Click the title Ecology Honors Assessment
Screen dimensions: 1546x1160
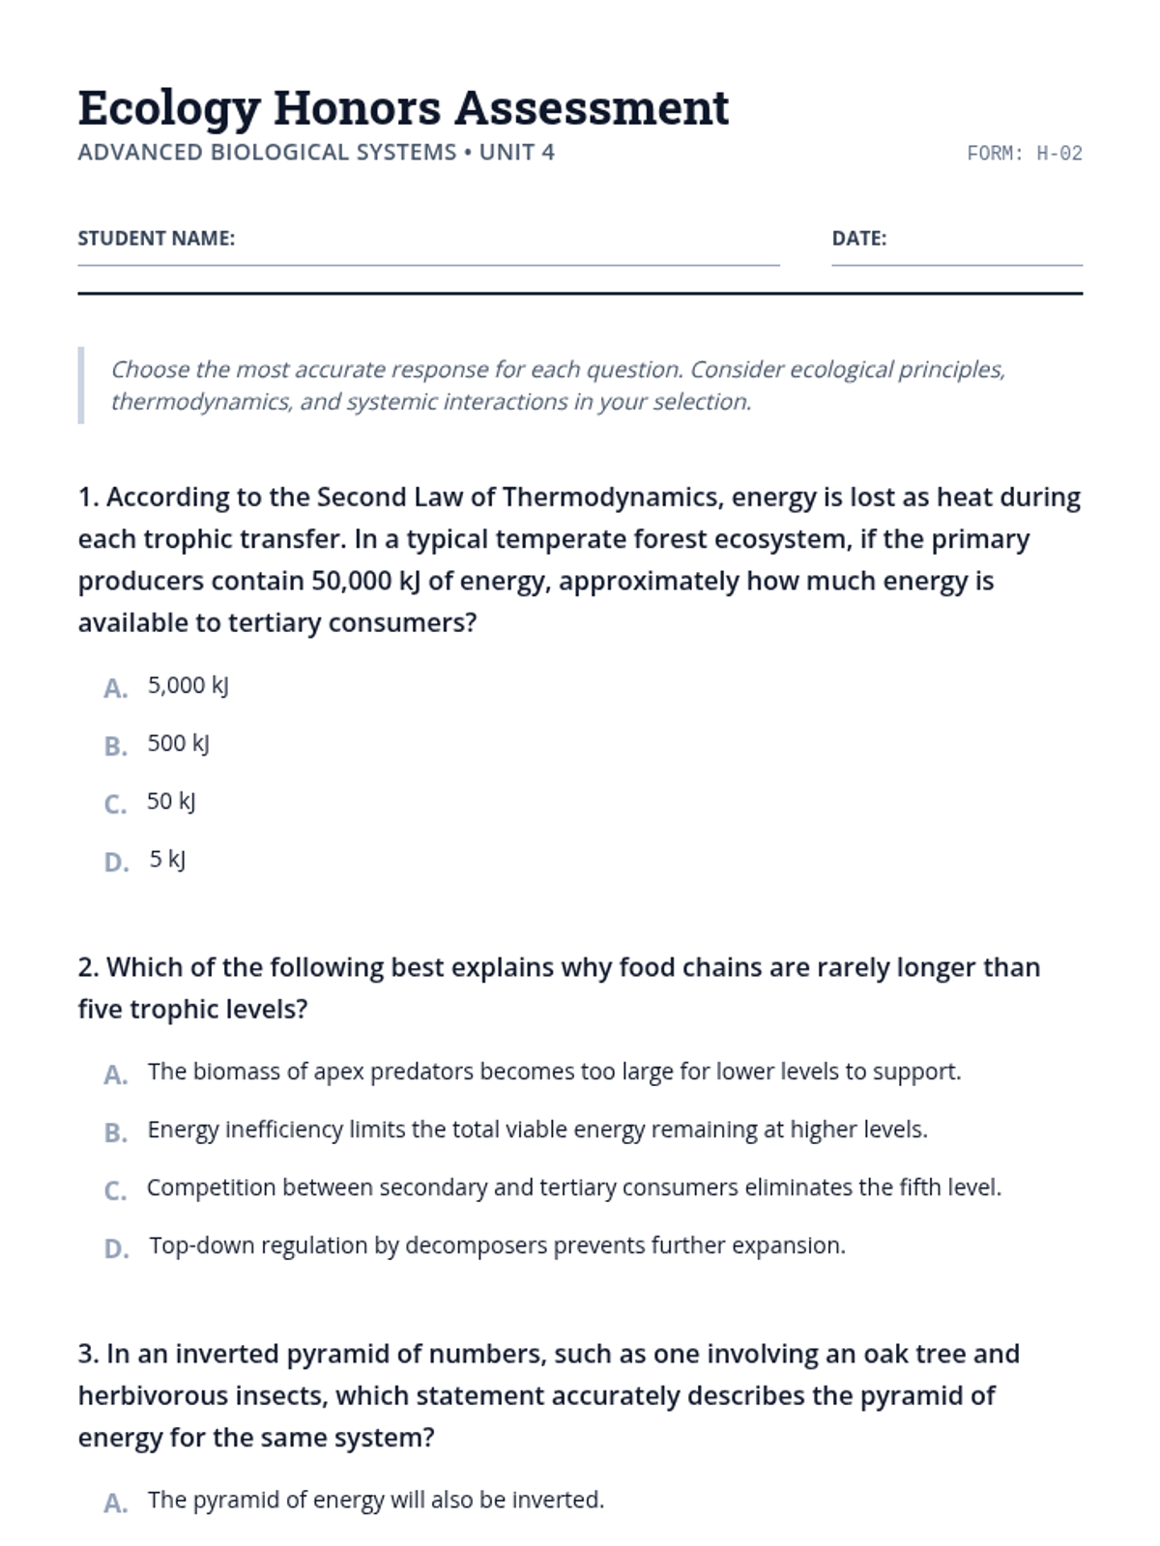point(403,108)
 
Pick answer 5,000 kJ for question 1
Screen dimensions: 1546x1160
point(188,686)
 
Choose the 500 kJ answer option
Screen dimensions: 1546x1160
point(178,744)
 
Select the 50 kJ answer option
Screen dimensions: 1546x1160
point(171,802)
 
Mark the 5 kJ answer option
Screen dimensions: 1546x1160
point(167,860)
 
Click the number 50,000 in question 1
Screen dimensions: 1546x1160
point(351,581)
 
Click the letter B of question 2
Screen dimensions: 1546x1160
point(116,1132)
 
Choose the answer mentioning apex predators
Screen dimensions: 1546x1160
point(554,1073)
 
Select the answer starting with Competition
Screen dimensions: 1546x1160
point(573,1188)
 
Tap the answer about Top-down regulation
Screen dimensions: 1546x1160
point(497,1246)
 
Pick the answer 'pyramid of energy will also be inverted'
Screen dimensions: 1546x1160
point(375,1501)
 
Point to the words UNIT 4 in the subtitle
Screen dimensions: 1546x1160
point(517,153)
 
